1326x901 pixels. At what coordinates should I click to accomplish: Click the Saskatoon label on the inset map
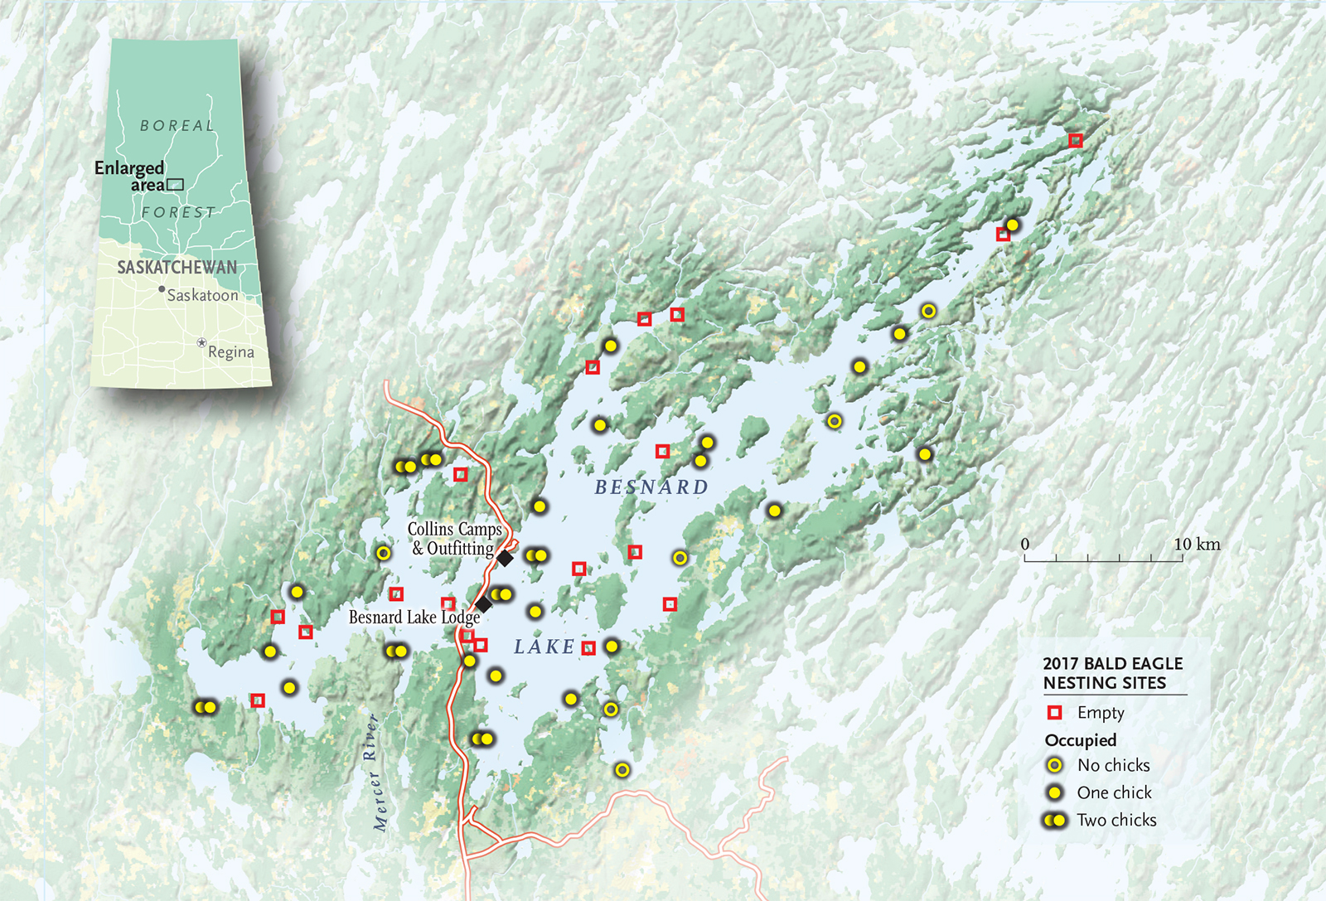[x=202, y=295]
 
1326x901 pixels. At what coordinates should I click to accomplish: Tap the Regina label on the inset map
[x=230, y=352]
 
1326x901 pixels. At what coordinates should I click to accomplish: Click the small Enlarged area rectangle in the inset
[x=175, y=185]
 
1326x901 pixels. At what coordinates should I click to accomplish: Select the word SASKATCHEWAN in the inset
[x=177, y=267]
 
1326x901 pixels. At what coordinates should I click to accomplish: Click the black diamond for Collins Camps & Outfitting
[x=504, y=559]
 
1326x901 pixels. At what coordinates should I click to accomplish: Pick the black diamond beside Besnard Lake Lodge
[x=483, y=604]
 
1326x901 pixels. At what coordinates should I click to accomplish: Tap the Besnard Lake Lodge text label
[x=414, y=618]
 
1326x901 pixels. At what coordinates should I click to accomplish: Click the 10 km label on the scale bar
[x=1197, y=545]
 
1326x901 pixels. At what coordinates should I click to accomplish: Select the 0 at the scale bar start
[x=1025, y=545]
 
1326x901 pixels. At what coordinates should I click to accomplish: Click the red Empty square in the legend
[x=1054, y=713]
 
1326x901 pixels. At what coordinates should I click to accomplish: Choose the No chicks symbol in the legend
[x=1054, y=765]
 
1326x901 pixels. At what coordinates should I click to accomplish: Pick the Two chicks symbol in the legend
[x=1054, y=820]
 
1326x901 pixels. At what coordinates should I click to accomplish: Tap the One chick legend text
[x=1114, y=792]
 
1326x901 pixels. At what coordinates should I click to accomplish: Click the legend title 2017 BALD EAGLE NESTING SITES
[x=1112, y=673]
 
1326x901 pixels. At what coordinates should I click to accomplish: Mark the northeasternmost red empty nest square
[x=1075, y=141]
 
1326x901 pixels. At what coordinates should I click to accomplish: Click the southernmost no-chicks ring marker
[x=622, y=770]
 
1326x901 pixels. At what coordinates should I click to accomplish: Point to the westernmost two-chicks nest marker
[x=205, y=707]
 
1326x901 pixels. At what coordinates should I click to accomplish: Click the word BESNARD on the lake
[x=651, y=487]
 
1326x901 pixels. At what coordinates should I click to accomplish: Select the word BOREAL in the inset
[x=177, y=126]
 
